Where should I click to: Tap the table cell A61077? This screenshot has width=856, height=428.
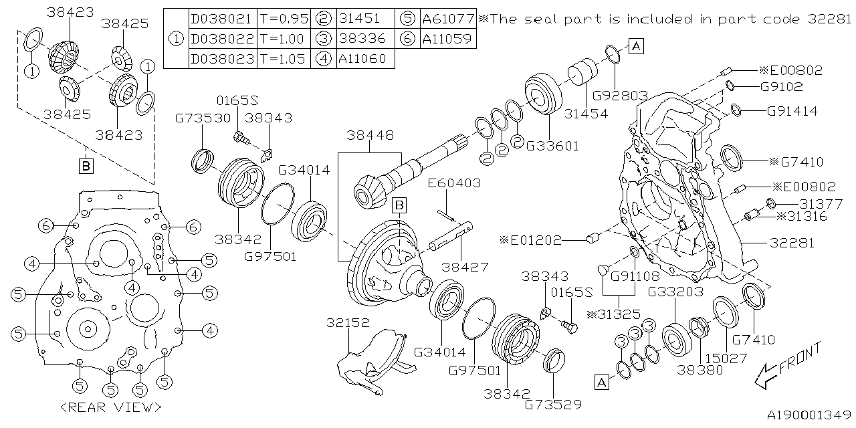tap(448, 19)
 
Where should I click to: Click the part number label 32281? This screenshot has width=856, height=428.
tap(792, 243)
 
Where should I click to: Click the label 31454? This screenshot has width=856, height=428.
tap(585, 114)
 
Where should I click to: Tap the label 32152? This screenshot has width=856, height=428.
tap(347, 322)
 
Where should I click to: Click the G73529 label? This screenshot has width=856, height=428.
tap(554, 405)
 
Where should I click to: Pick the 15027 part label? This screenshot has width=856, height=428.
tap(725, 359)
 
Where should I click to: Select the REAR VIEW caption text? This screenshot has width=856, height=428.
tap(110, 407)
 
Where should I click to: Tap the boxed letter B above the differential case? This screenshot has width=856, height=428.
tap(399, 205)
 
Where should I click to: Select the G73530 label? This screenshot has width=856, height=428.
tap(203, 118)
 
